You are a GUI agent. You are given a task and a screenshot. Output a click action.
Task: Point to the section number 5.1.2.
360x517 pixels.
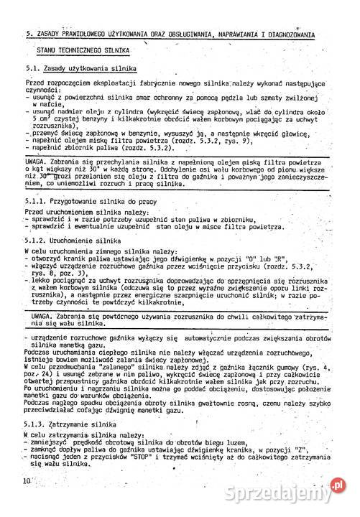pyautogui.click(x=33, y=240)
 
